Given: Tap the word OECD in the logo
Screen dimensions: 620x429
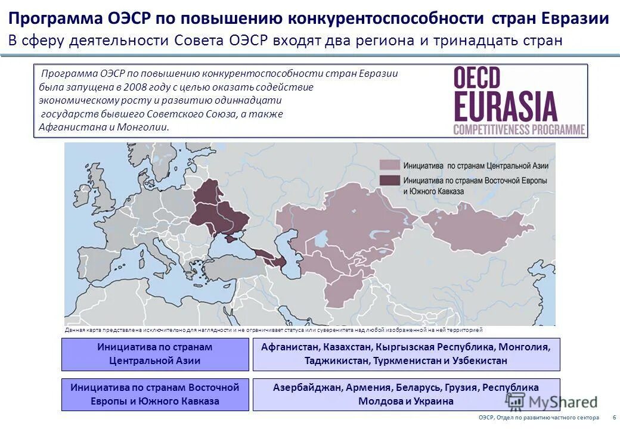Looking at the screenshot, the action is [478, 79].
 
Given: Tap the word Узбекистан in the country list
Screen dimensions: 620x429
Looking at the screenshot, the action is [483, 360].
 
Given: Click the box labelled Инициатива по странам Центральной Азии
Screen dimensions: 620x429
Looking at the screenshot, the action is [155, 354].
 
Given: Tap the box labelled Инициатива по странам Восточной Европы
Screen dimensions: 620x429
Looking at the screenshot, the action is [155, 394].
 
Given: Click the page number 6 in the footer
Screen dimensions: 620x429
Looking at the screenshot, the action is [613, 418].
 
